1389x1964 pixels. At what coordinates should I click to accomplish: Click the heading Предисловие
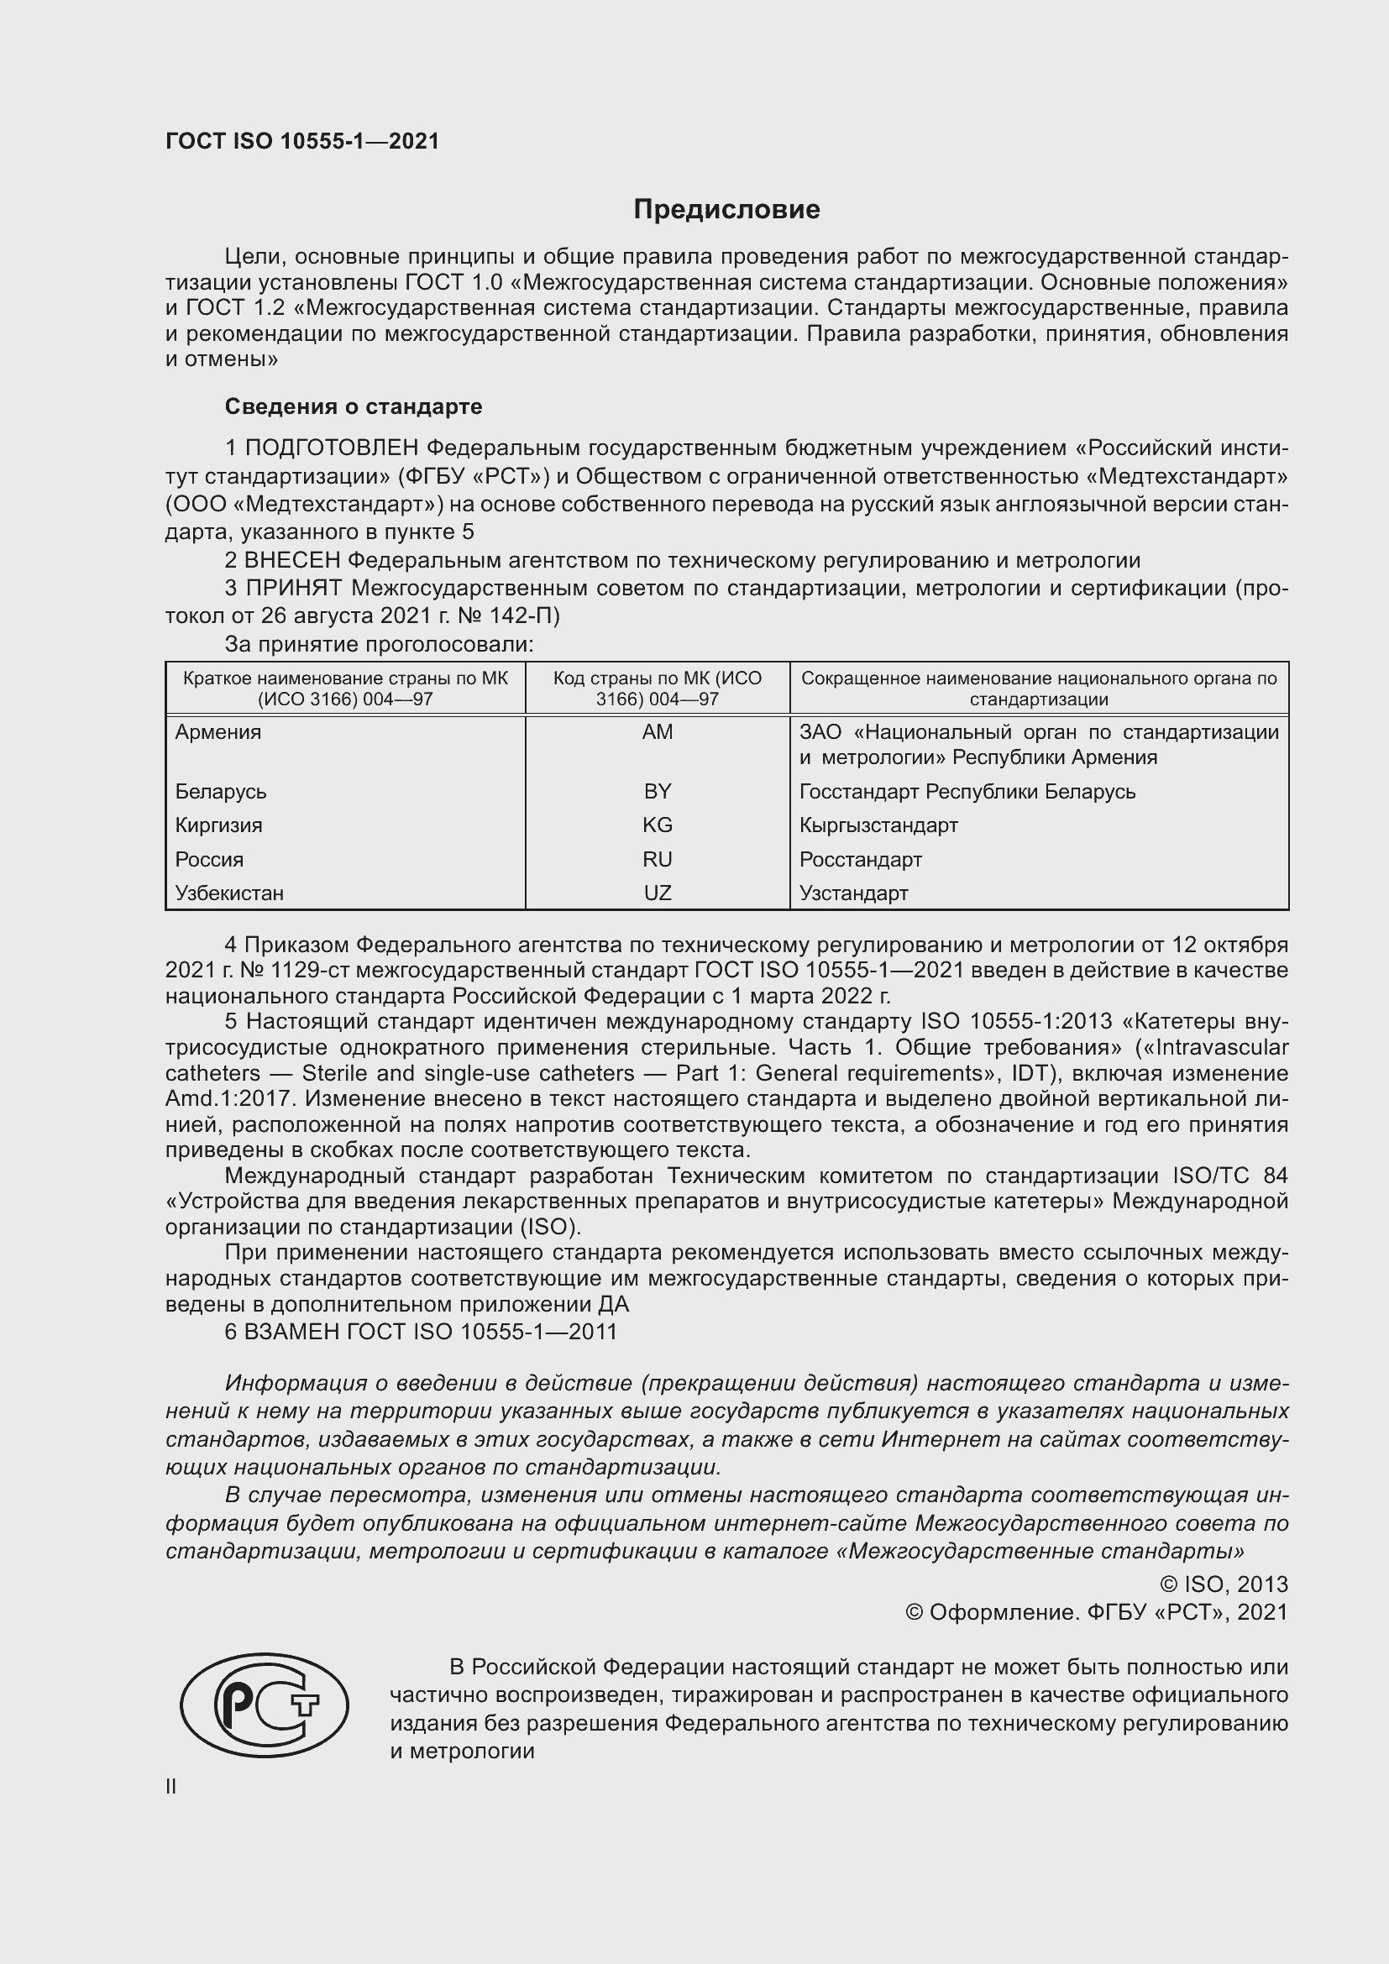coord(726,209)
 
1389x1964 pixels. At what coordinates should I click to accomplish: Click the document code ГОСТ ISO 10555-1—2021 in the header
coord(302,141)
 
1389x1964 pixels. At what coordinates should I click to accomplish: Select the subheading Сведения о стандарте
coord(354,406)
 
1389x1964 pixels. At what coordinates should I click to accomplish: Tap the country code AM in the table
coord(657,731)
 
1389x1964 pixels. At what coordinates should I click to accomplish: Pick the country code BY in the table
coord(657,791)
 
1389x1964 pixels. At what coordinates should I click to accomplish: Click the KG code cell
coord(657,825)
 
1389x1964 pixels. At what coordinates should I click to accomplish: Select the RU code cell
coord(657,859)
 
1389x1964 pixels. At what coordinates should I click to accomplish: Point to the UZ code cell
coord(657,893)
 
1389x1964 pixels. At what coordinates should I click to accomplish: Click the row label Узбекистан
coord(229,893)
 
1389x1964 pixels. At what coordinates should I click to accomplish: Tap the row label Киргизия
coord(219,825)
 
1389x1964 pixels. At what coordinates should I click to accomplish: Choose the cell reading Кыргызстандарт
coord(878,825)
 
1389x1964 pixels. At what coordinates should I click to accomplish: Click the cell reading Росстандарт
coord(861,859)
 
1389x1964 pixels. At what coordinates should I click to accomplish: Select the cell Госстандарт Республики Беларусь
coord(967,791)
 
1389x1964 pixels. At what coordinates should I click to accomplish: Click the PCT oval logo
coord(265,1710)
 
